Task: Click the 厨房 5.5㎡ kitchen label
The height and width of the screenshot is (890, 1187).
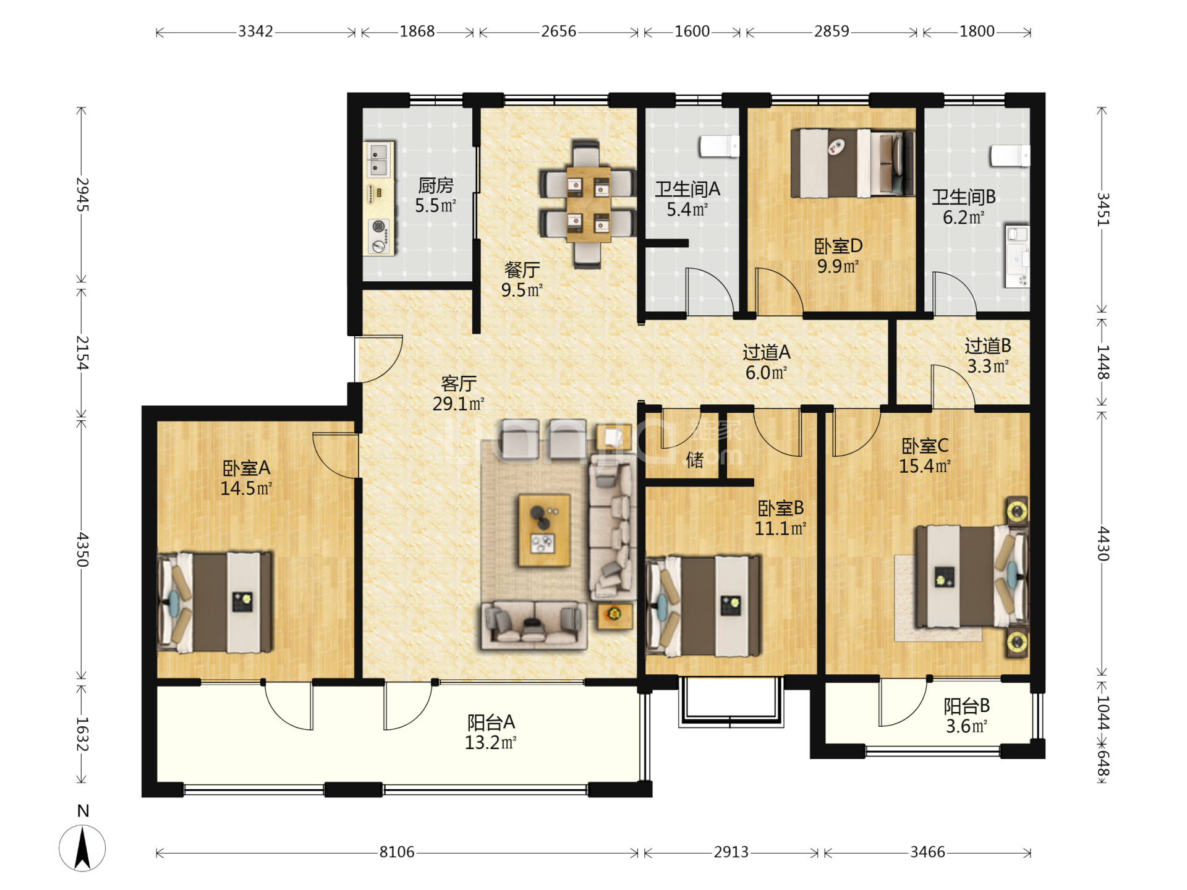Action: [436, 195]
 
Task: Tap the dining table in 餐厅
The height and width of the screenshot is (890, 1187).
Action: [588, 204]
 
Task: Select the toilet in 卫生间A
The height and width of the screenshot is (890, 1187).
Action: [719, 146]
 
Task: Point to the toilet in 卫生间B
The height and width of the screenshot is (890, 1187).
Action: [1010, 155]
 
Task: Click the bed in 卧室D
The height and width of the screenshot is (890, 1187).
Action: [853, 163]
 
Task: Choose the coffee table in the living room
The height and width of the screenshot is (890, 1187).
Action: [544, 530]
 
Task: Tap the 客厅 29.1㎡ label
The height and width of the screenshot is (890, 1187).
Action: [458, 393]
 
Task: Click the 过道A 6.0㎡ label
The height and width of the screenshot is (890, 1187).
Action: [767, 362]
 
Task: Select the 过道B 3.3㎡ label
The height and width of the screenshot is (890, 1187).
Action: [988, 355]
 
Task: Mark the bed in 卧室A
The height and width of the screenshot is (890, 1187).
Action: [215, 603]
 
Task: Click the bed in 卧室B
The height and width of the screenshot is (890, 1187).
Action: [704, 606]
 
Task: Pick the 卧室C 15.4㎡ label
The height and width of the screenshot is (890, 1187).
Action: [925, 456]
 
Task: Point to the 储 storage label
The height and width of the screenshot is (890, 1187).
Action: [694, 459]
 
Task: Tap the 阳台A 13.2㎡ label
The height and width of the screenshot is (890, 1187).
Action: [491, 732]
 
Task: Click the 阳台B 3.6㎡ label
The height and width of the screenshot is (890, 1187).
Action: [967, 716]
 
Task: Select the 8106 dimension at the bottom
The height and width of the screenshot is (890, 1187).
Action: [397, 852]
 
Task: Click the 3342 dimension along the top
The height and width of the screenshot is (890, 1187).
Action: [255, 32]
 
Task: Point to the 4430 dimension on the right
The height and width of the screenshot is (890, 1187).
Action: [1103, 544]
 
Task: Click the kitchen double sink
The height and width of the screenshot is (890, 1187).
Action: [378, 159]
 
